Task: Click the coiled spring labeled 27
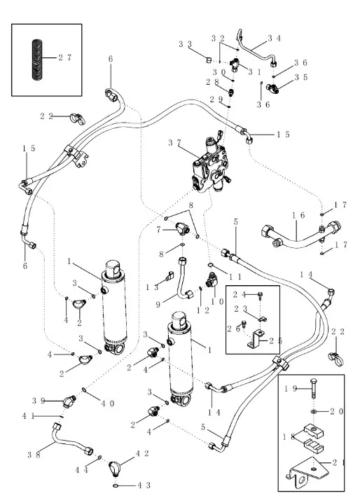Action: click(37, 60)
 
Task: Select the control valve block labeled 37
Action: click(211, 165)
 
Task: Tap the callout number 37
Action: click(174, 142)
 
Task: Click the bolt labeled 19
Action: click(314, 388)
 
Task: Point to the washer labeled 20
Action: click(314, 411)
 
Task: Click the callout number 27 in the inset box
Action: click(64, 57)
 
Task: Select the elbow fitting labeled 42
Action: click(115, 469)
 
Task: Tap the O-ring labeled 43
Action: click(116, 486)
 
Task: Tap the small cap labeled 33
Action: click(209, 60)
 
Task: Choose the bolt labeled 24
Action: click(261, 294)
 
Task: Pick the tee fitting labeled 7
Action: click(183, 229)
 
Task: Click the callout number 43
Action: click(144, 485)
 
